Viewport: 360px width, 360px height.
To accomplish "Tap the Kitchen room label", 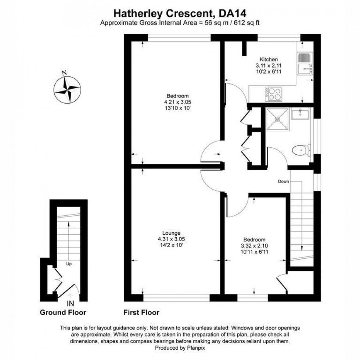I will tap(269, 60).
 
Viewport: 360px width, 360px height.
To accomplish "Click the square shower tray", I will tap(277, 119).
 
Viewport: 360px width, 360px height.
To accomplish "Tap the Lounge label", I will tap(171, 233).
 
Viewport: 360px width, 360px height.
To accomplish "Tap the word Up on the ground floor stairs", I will tap(69, 264).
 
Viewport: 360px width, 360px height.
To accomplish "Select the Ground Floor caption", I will tap(63, 313).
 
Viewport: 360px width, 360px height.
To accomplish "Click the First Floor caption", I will tap(141, 313).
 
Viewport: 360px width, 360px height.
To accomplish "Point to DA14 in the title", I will tap(232, 14).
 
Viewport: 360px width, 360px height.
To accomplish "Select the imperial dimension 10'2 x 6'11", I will tap(269, 72).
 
